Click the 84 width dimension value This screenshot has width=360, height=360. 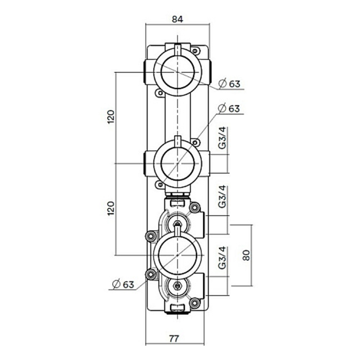tap(177, 20)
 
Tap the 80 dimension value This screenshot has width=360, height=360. tap(246, 255)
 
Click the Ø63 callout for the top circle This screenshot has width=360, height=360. tap(229, 83)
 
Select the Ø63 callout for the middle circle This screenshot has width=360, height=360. tap(229, 109)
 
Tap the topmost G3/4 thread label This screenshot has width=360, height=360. tap(223, 139)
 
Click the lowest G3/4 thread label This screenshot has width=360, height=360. tap(223, 258)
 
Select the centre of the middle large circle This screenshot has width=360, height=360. tap(177, 163)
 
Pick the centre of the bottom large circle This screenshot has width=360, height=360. tap(177, 255)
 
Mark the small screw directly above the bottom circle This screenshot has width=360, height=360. tap(178, 224)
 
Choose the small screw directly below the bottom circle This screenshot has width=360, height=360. tap(178, 286)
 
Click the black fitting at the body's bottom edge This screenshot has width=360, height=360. tap(177, 309)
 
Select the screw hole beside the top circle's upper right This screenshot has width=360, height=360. tap(196, 50)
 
